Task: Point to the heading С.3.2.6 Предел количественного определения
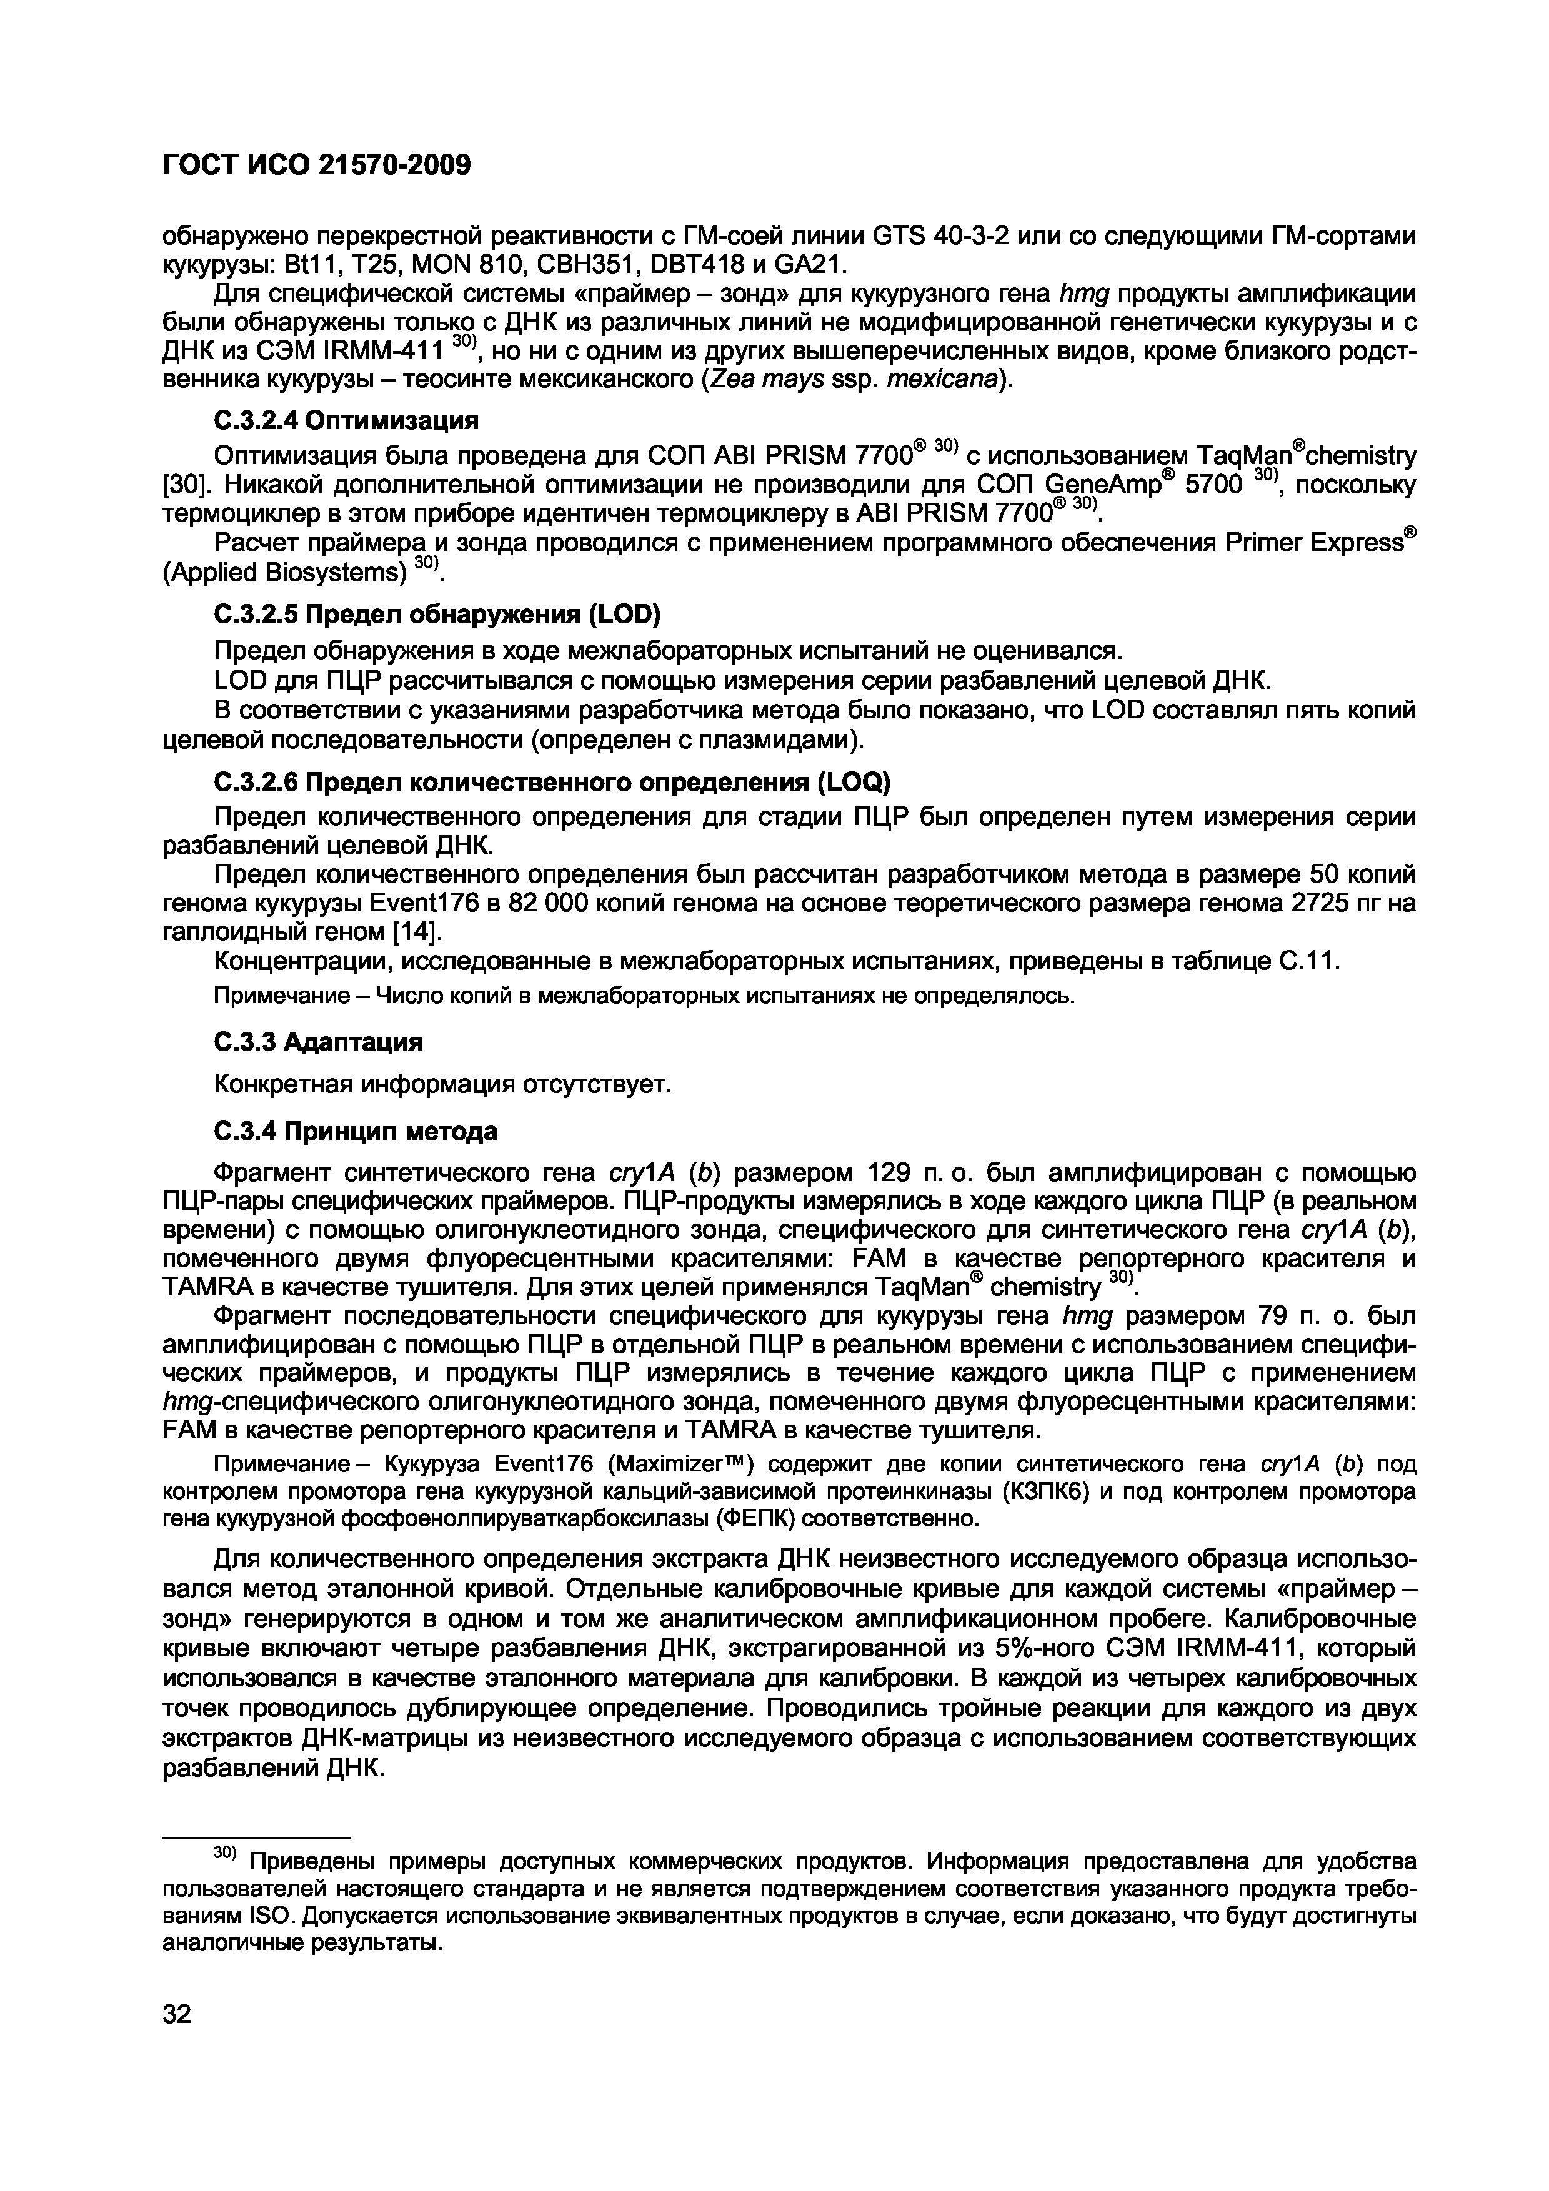pos(550,783)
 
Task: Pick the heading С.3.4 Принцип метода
pos(354,1132)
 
